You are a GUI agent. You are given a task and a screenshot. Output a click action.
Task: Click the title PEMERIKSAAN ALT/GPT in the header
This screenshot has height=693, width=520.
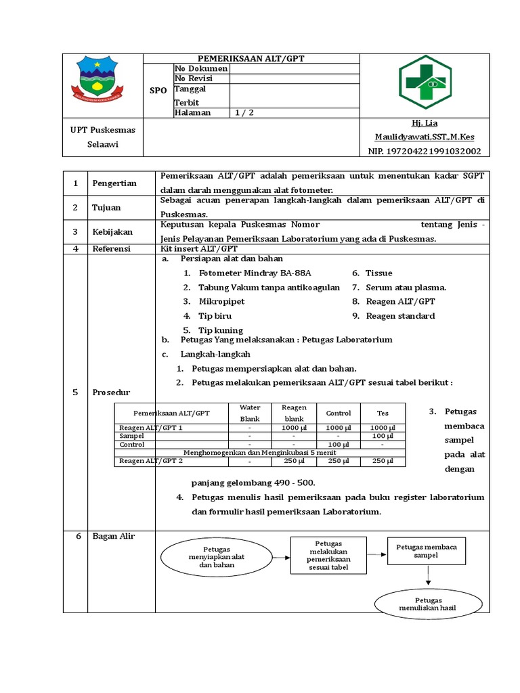click(x=251, y=59)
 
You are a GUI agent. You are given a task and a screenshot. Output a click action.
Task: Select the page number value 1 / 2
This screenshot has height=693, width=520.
click(x=244, y=113)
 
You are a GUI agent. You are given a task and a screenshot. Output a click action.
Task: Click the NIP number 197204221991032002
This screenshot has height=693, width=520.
click(x=425, y=152)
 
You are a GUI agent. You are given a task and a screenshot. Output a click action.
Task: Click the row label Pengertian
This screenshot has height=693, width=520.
click(x=114, y=183)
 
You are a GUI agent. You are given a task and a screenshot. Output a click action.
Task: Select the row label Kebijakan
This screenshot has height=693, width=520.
click(x=112, y=232)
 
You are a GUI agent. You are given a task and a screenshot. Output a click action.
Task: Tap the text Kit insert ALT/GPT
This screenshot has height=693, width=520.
click(x=190, y=249)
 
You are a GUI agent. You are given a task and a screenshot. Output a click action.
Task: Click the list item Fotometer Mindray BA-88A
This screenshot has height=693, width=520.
click(x=255, y=273)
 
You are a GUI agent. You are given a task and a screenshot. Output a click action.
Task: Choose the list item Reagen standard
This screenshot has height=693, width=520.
click(x=400, y=316)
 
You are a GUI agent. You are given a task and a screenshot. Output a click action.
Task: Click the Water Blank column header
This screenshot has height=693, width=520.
click(x=250, y=413)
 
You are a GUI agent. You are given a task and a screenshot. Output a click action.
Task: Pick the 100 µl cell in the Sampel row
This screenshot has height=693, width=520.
click(x=383, y=437)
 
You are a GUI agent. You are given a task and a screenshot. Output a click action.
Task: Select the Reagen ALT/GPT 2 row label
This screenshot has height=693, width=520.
click(x=151, y=461)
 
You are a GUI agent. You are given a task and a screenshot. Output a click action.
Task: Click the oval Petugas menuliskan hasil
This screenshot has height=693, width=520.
click(x=428, y=604)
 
